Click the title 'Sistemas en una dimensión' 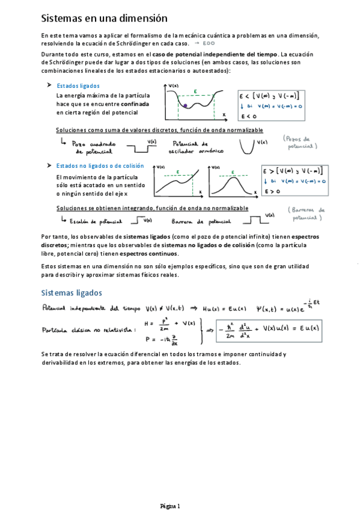point(104,19)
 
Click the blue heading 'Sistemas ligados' point(72,293)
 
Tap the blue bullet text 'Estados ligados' point(78,86)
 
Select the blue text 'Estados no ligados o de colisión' point(100,165)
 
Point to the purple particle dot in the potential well point(186,106)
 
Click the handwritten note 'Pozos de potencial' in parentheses point(301,142)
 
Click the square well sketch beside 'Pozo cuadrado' point(139,146)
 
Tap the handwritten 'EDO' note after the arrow point(209,43)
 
